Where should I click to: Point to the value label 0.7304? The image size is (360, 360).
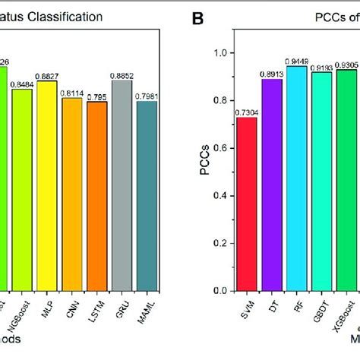click(x=246, y=112)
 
